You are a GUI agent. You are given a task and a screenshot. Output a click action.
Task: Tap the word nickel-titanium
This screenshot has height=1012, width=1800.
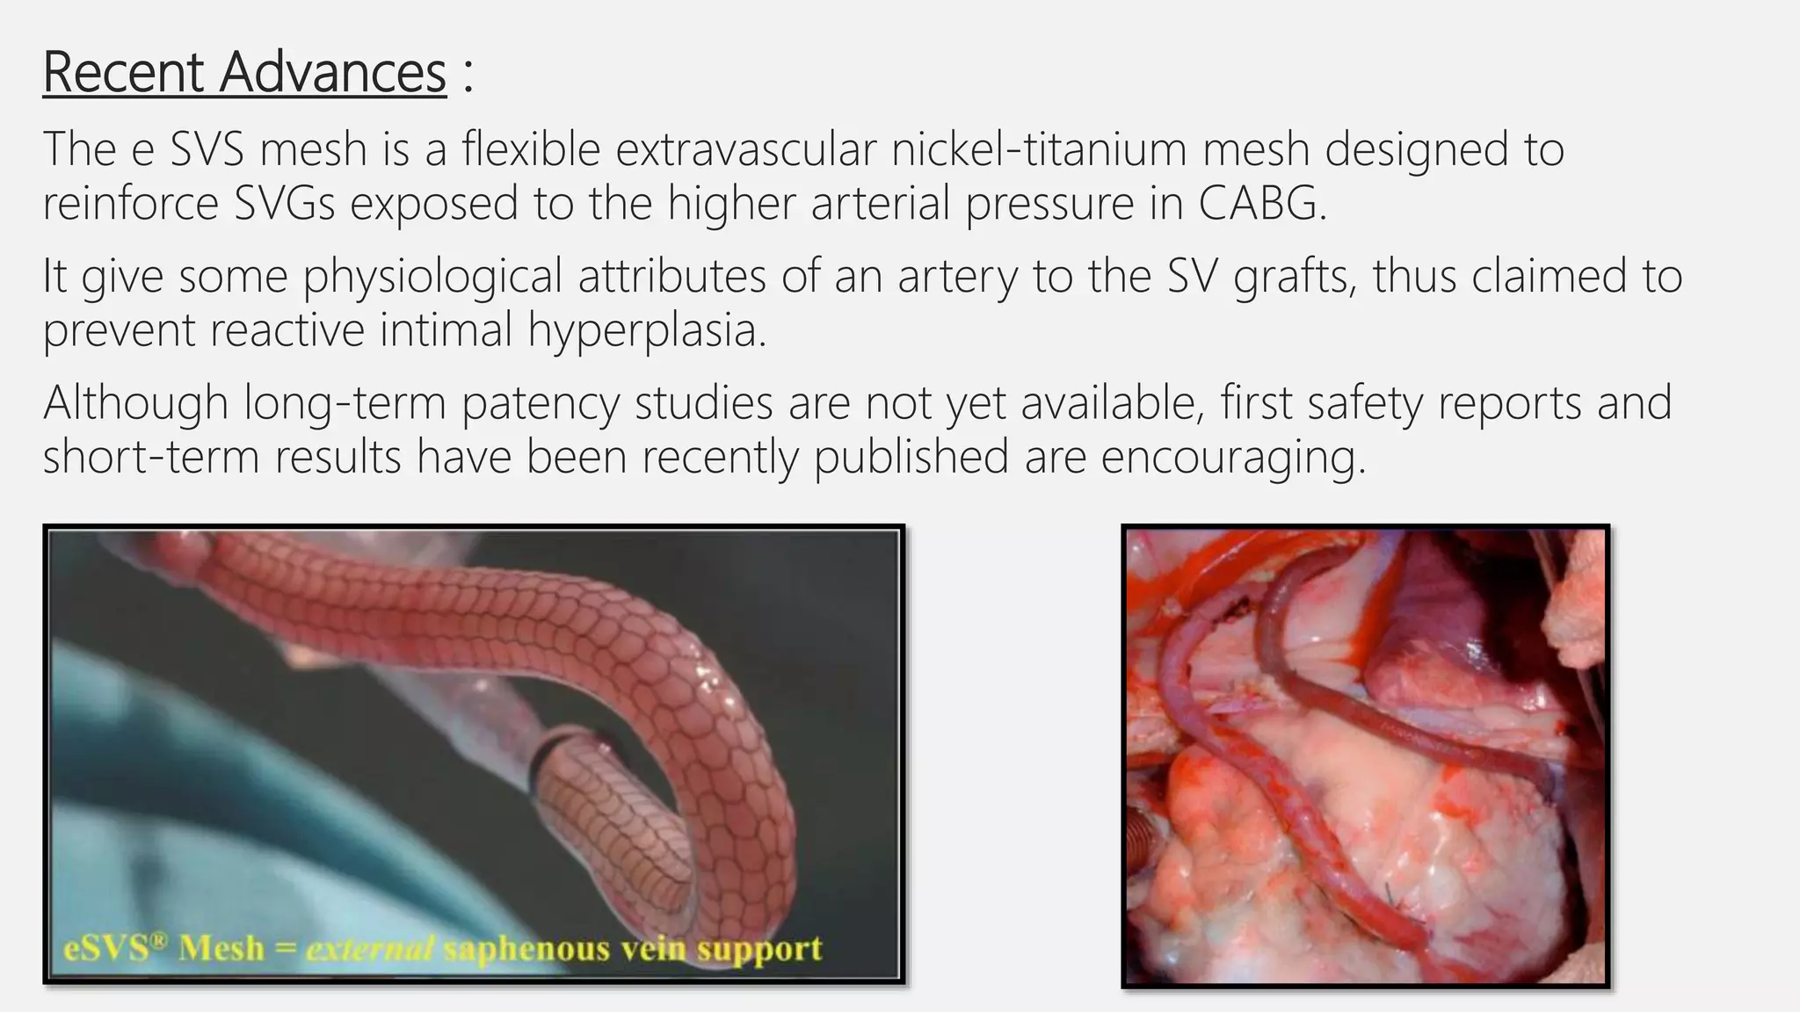(1038, 148)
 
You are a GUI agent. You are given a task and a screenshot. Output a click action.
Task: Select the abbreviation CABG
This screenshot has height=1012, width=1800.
(1261, 203)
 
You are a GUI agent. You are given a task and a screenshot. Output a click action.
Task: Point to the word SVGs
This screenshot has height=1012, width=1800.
(285, 203)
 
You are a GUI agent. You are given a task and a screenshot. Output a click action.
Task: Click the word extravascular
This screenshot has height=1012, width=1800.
(746, 148)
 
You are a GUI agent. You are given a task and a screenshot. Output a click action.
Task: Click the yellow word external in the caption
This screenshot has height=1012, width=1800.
(370, 949)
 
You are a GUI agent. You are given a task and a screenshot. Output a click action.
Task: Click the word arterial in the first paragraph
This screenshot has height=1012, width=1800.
(880, 203)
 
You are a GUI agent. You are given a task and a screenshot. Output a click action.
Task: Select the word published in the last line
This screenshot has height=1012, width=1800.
(911, 457)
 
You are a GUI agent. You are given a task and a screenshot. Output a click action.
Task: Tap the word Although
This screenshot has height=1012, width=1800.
(135, 403)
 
